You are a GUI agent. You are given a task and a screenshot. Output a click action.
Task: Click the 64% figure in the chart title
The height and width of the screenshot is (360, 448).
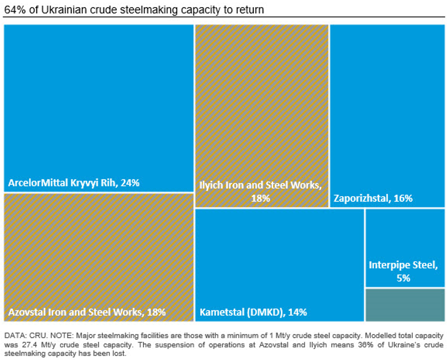[13, 9]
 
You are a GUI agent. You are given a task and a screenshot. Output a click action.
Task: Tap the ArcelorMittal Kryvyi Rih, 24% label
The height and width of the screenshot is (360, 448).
[74, 183]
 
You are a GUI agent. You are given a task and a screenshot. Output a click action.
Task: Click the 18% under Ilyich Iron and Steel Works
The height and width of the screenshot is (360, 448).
[260, 198]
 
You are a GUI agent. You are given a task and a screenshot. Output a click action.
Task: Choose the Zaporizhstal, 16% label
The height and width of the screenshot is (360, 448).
[373, 198]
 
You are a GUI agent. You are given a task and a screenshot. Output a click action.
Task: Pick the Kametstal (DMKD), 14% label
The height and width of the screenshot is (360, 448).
[253, 312]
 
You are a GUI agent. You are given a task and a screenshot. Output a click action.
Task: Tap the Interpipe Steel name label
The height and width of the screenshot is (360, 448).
[404, 265]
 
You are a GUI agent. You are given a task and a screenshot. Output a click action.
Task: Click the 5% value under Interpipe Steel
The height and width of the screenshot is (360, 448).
[404, 278]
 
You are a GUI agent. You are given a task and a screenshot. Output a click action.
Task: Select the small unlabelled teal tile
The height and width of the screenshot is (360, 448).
[404, 305]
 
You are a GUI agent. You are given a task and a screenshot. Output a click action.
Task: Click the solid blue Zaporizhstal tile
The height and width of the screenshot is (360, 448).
[387, 103]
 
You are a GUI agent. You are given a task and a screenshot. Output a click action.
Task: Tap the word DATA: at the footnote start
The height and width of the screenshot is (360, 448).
[14, 335]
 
